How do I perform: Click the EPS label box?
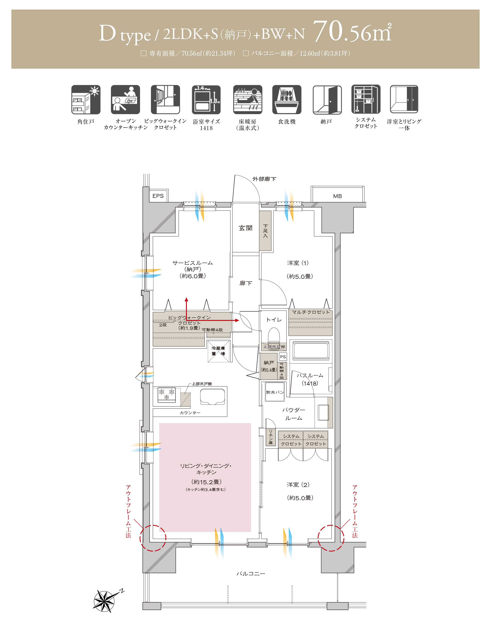tap(158, 196)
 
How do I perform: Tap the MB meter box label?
tap(337, 196)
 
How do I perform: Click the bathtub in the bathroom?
tap(311, 351)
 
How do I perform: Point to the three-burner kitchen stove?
tap(167, 395)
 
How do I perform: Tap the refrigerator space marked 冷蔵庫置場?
tap(218, 351)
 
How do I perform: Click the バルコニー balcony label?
tap(251, 573)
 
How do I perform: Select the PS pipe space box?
tap(283, 357)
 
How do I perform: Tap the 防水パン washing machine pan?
tap(275, 392)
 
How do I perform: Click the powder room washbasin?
tap(323, 412)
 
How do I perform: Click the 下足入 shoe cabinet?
tap(265, 231)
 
